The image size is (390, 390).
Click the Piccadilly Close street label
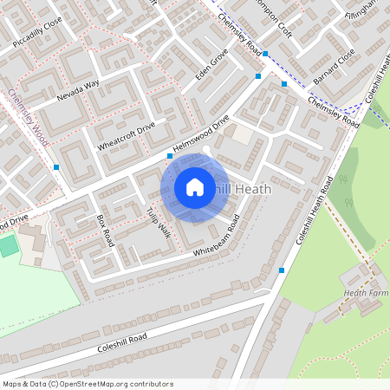click(39, 29)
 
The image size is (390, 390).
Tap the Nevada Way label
click(79, 88)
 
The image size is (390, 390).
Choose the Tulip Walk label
click(157, 223)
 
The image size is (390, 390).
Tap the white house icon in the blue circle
click(195, 186)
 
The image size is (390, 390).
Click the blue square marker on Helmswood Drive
click(170, 156)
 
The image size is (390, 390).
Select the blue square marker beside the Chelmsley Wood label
click(56, 166)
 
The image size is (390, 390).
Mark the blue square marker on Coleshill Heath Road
click(282, 270)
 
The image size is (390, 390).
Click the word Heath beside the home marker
click(253, 188)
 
